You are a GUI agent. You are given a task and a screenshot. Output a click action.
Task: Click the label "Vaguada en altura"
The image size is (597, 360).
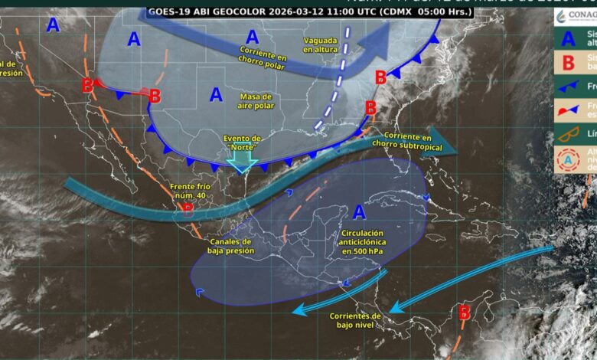tap(321, 44)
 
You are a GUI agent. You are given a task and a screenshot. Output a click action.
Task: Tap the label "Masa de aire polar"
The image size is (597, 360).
tap(256, 101)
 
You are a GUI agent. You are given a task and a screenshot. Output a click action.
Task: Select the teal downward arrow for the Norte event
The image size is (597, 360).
tap(242, 160)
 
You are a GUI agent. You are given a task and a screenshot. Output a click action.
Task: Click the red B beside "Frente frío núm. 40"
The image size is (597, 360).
tap(188, 208)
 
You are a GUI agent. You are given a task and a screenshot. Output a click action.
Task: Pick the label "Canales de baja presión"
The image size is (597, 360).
tap(228, 245)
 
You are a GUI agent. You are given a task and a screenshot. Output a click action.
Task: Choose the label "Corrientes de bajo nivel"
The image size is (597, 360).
tap(355, 319)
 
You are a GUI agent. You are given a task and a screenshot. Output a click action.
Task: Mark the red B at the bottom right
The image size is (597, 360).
tap(463, 312)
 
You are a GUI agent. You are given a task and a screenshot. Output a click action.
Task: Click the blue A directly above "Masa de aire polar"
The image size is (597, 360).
tap(216, 95)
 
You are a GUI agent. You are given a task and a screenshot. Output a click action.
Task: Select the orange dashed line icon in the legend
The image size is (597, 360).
tap(569, 134)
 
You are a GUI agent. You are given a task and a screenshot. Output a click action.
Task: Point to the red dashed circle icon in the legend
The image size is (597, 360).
tap(569, 159)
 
